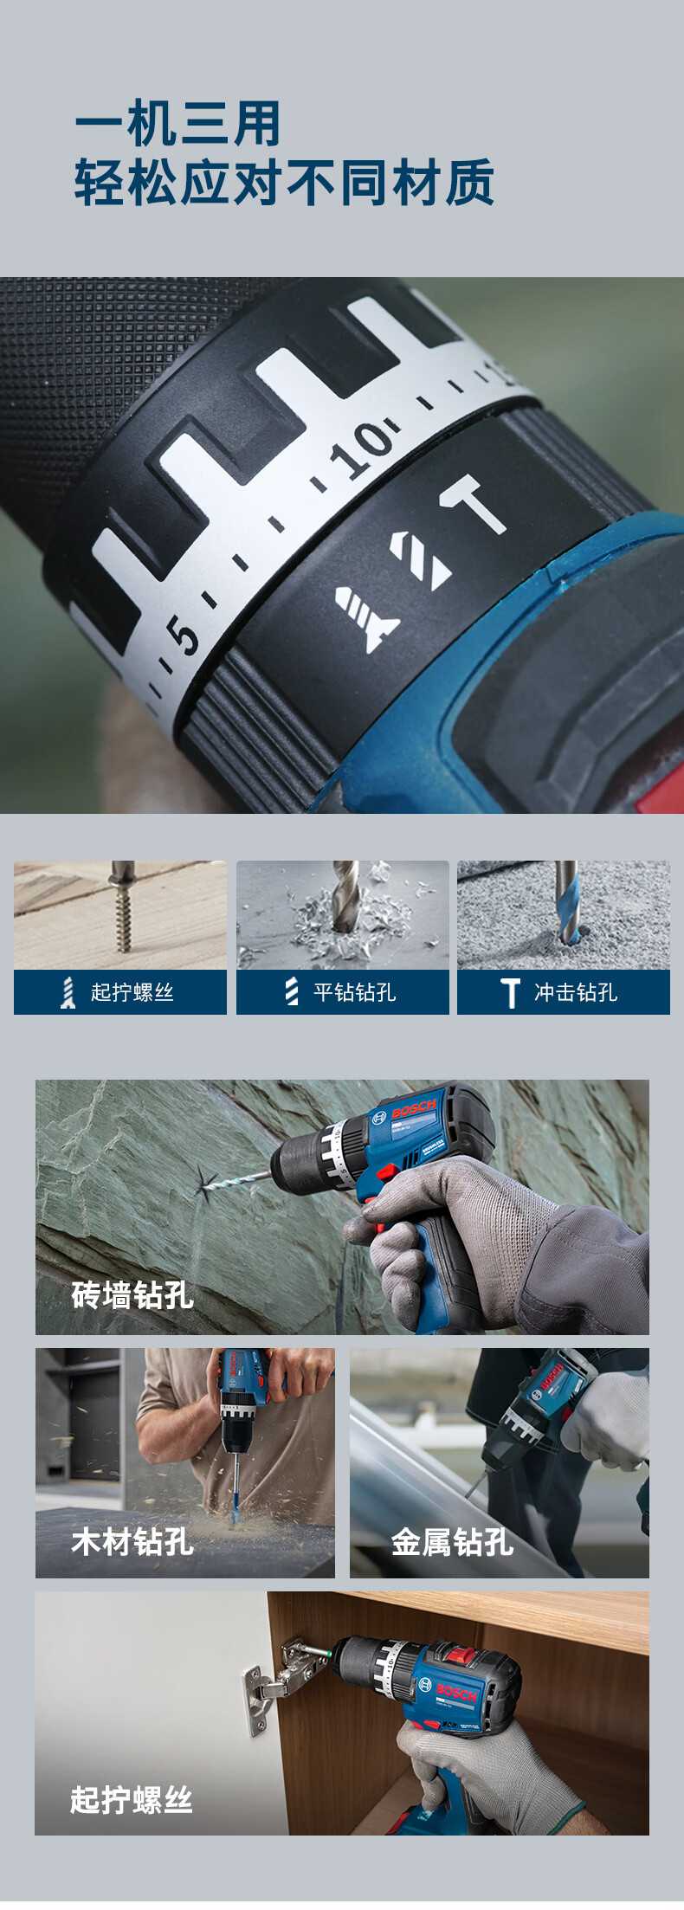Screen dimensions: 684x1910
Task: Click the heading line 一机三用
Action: (177, 123)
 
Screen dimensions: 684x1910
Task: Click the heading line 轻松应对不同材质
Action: (284, 182)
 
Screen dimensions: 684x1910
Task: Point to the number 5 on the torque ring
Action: (183, 636)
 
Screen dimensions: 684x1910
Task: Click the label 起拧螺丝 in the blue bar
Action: (132, 992)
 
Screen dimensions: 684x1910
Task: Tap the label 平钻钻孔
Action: (354, 992)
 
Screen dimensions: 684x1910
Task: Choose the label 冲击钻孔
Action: (576, 992)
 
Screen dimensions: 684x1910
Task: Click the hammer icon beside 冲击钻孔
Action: (511, 993)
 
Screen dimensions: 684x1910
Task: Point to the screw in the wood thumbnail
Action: (123, 907)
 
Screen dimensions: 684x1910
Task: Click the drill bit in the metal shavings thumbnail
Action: (345, 897)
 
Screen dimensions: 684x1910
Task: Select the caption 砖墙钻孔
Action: (132, 1295)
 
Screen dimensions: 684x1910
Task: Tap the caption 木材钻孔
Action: (132, 1542)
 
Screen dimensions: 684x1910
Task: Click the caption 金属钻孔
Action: (452, 1542)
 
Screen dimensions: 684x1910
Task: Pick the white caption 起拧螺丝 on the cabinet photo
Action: (132, 1800)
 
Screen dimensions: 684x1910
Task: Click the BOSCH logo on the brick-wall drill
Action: (415, 1110)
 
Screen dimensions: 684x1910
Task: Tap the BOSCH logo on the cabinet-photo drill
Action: (457, 1692)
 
